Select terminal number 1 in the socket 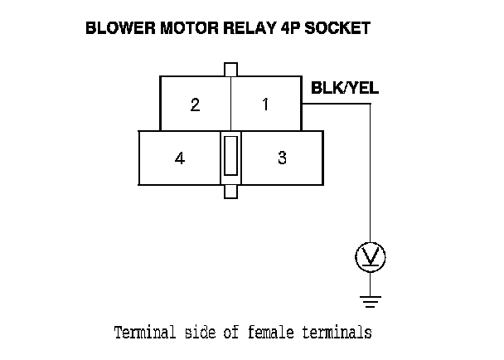coord(265,105)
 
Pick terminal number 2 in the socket coord(195,105)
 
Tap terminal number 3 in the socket coord(282,158)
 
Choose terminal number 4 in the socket coord(180,158)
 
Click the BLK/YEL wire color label coord(344,87)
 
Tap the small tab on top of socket coord(231,69)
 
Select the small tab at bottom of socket coord(231,192)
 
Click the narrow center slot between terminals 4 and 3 coord(231,157)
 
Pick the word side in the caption coord(200,333)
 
